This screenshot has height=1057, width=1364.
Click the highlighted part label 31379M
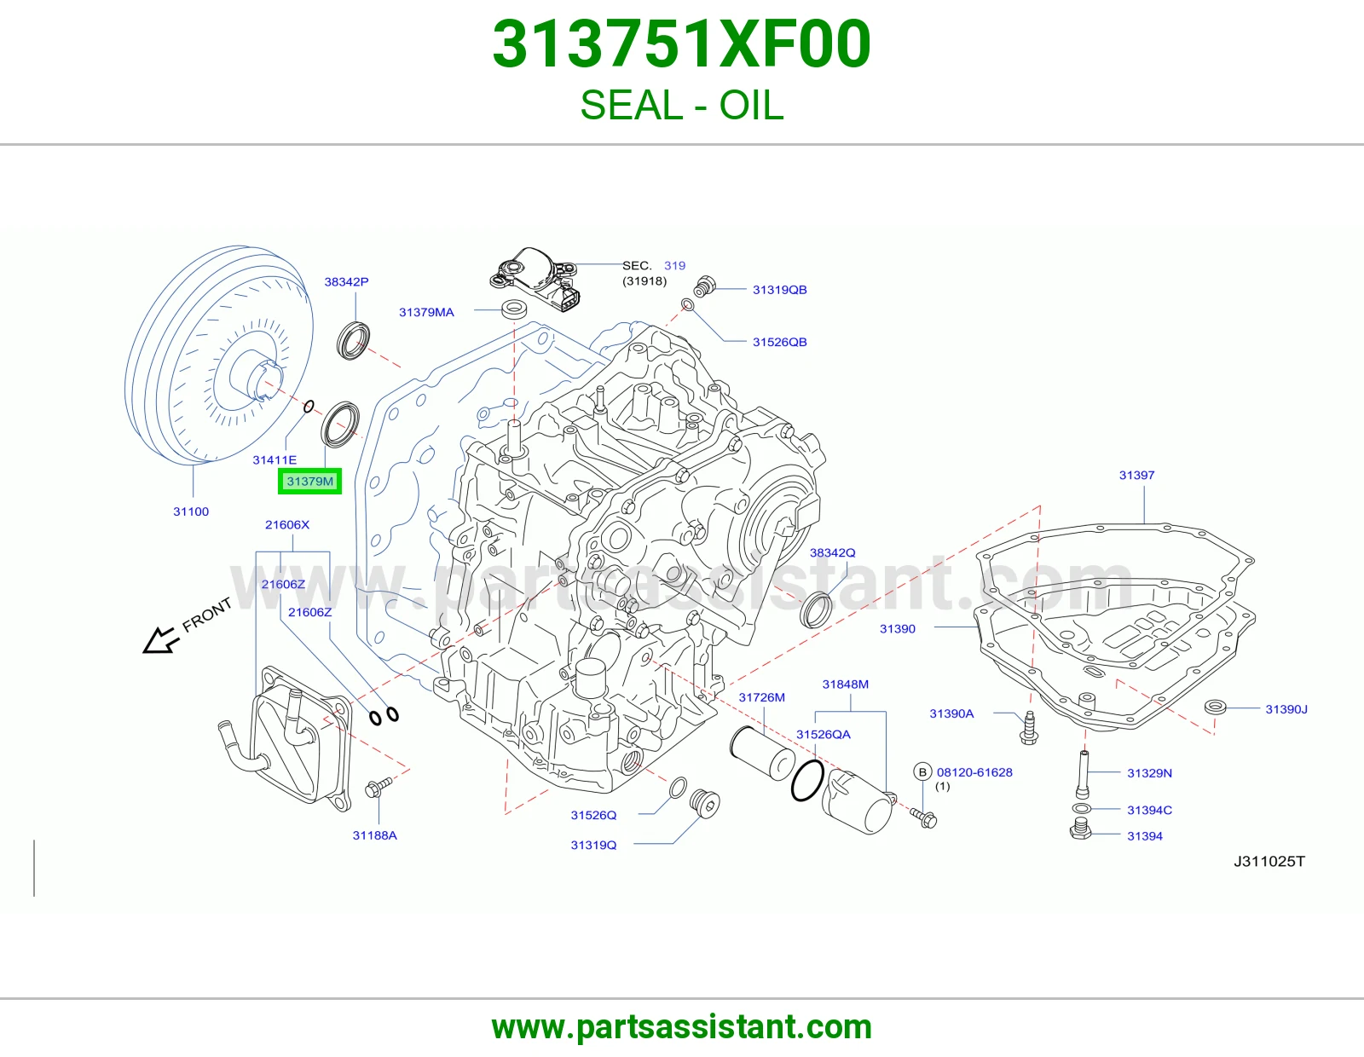tap(310, 482)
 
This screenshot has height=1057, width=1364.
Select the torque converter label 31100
tap(191, 511)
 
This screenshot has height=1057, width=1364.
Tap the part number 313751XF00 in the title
tap(682, 44)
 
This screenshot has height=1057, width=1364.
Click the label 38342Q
tap(832, 552)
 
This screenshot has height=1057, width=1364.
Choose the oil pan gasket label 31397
tap(1136, 475)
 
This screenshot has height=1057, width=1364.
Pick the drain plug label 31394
tap(1145, 836)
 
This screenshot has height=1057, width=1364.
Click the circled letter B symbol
tap(922, 772)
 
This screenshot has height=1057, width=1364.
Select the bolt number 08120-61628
tap(974, 772)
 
